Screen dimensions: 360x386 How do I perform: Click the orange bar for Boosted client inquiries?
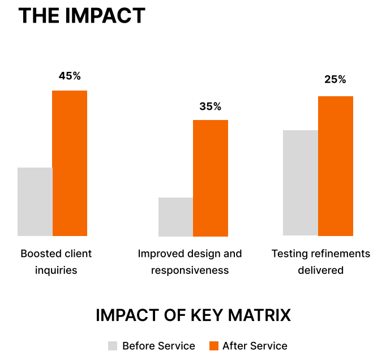pyautogui.click(x=70, y=163)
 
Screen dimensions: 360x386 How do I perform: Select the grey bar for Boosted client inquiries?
pyautogui.click(x=35, y=202)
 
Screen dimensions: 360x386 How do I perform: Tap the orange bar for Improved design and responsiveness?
pyautogui.click(x=211, y=178)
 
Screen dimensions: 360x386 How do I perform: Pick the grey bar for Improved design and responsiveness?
pyautogui.click(x=175, y=217)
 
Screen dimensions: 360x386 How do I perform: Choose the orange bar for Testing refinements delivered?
pyautogui.click(x=336, y=166)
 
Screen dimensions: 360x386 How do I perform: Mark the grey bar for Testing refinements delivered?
pyautogui.click(x=301, y=183)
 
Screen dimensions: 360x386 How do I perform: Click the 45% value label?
pyautogui.click(x=70, y=76)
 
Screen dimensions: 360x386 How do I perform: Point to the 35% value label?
pyautogui.click(x=210, y=106)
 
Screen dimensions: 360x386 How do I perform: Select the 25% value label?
pyautogui.click(x=335, y=80)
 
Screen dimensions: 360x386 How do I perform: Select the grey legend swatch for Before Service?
pyautogui.click(x=113, y=346)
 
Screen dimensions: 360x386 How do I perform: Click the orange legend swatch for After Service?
pyautogui.click(x=213, y=346)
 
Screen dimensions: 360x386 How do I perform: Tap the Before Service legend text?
pyautogui.click(x=158, y=346)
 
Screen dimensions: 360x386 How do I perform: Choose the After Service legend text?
pyautogui.click(x=255, y=346)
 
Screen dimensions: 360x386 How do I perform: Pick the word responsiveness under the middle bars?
pyautogui.click(x=190, y=271)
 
